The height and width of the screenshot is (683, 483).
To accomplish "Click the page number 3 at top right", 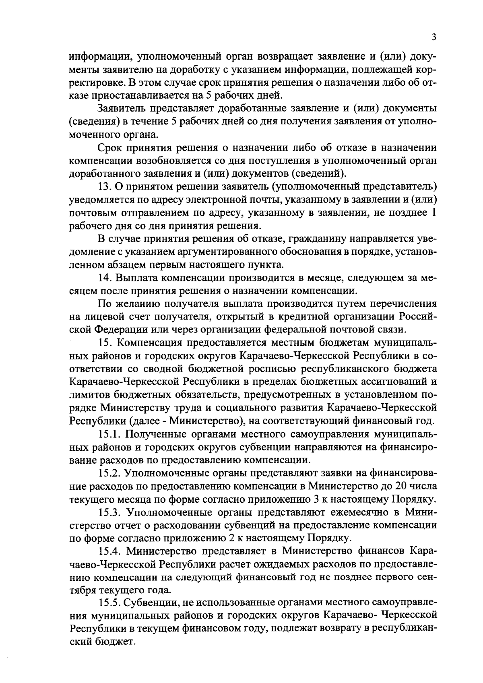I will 433,37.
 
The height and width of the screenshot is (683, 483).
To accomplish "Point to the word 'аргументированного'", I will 221,252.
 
